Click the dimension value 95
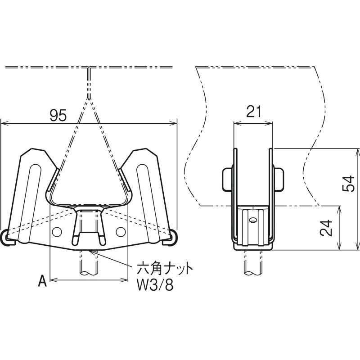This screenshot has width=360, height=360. (58, 115)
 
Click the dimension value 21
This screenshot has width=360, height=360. (253, 112)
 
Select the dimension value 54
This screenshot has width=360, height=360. (348, 183)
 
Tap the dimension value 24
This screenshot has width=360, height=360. (326, 228)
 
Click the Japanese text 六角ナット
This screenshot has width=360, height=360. (165, 269)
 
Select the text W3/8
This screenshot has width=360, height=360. (155, 285)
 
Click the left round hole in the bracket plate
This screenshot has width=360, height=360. (57, 232)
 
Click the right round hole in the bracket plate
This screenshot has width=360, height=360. (121, 232)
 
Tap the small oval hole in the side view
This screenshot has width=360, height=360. (253, 220)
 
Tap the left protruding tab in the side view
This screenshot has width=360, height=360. (227, 180)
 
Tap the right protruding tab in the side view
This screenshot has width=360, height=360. (279, 180)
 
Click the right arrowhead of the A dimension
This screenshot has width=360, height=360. (125, 280)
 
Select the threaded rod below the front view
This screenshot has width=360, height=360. (89, 262)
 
